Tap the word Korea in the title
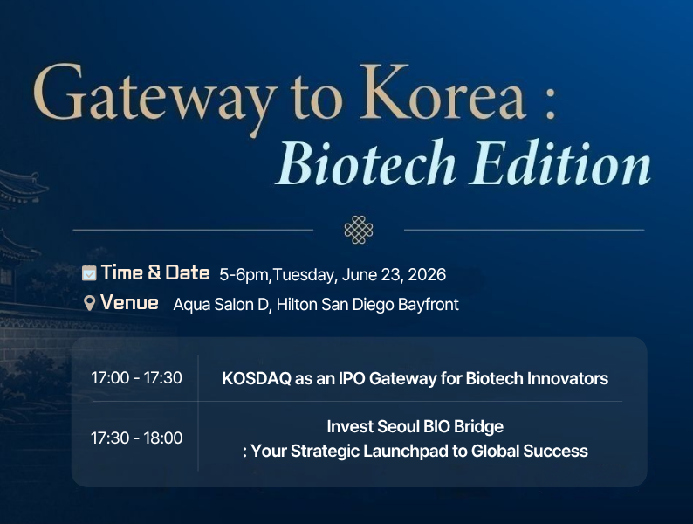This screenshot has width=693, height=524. [443, 92]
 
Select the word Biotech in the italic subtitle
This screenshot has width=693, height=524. [366, 162]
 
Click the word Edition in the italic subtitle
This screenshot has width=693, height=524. [560, 162]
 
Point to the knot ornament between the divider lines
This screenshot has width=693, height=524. [359, 230]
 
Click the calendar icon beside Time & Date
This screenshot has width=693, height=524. [89, 272]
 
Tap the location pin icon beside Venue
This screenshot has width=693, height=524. [89, 303]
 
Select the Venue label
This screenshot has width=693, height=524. [129, 303]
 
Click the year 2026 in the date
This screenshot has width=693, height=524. [427, 274]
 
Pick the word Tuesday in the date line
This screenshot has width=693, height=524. [305, 275]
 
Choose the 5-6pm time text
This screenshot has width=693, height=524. [244, 275]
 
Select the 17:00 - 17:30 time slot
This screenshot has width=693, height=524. [136, 377]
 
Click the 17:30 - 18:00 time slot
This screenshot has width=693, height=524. [136, 438]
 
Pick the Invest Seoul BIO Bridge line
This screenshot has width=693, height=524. [415, 427]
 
